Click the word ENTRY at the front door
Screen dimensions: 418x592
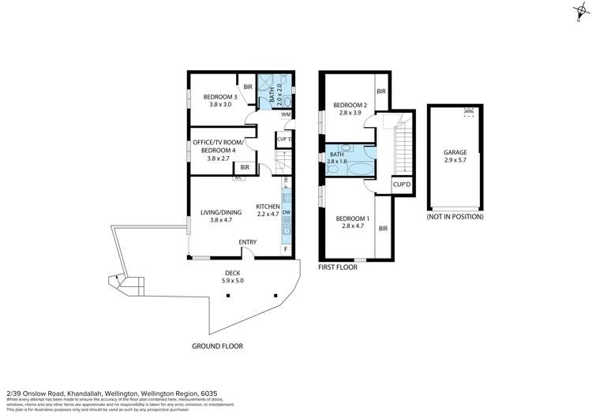[248, 242]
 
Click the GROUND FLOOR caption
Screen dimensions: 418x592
[217, 346]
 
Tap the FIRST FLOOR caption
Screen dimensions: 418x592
[338, 267]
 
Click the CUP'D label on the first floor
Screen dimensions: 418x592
[402, 185]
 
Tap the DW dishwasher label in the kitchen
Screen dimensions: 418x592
[287, 213]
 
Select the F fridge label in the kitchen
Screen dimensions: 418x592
[286, 249]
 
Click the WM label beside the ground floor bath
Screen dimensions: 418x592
[285, 114]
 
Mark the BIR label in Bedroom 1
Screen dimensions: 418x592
[383, 229]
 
